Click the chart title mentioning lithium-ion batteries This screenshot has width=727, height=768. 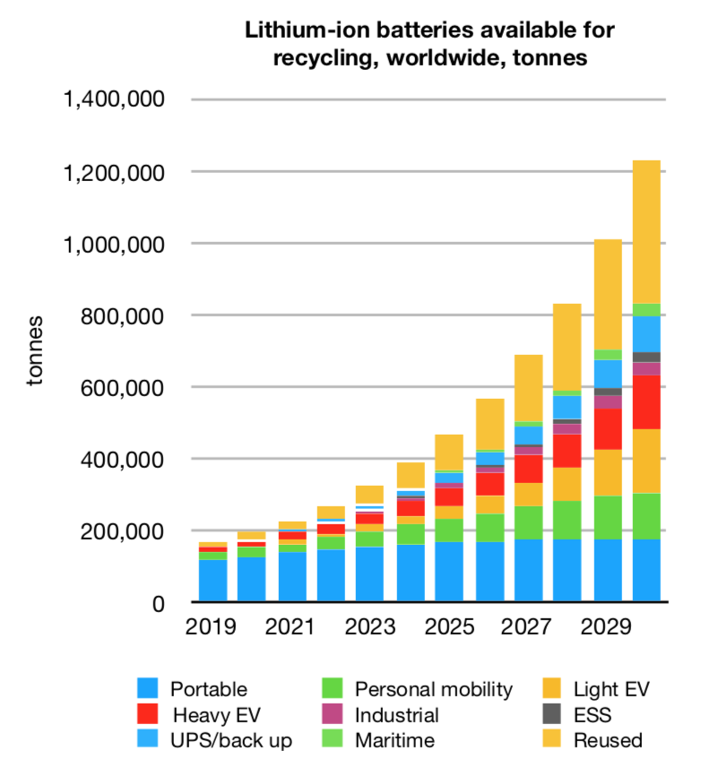coord(429,44)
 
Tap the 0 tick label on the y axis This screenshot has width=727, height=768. coord(158,604)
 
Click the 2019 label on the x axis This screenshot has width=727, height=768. coord(212,627)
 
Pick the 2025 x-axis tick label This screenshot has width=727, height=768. coord(448,627)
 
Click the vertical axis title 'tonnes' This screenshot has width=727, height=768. coord(33,351)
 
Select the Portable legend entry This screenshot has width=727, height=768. coord(208,689)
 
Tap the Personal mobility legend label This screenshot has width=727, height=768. coord(434,689)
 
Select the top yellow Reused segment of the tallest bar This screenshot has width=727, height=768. coord(645,232)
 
